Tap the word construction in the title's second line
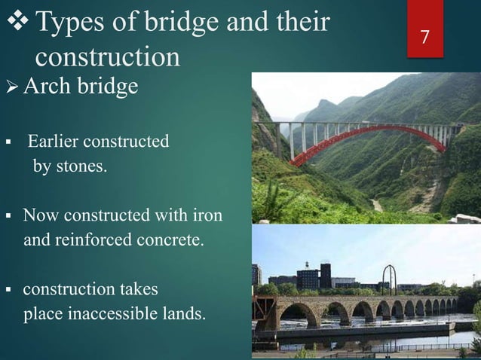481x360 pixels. pos(108,57)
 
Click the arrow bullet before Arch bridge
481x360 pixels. pos(10,87)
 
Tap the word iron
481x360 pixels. pos(207,217)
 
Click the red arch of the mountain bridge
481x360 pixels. pos(354,136)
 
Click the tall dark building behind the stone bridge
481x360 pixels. pos(325,275)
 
